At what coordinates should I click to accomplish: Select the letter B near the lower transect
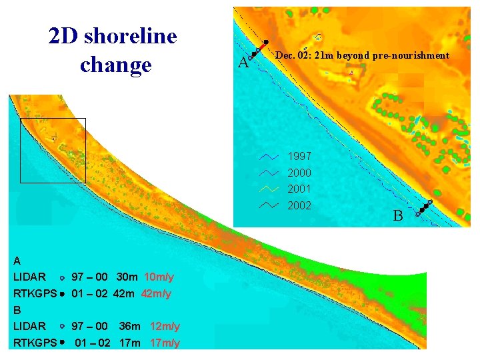point(397,216)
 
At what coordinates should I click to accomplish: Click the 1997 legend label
point(299,156)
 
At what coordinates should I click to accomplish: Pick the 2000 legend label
point(299,173)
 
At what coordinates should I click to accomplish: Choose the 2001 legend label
point(299,189)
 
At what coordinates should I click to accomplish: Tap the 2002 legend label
point(299,205)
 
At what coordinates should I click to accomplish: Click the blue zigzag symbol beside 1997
point(268,157)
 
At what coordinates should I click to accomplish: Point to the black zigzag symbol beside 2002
point(268,205)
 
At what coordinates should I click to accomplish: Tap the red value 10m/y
point(159,277)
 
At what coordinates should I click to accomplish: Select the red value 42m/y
point(156,293)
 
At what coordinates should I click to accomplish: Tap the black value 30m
point(127,277)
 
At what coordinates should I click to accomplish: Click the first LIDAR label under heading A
point(29,277)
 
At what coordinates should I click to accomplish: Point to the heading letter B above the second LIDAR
point(17,310)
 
